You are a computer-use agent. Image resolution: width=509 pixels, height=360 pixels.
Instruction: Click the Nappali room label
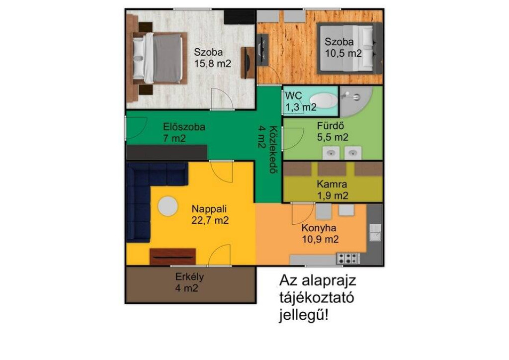pos(209,209)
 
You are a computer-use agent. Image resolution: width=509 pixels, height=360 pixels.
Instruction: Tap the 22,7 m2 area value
pos(210,220)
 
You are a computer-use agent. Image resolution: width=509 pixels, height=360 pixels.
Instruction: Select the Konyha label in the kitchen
pos(319,228)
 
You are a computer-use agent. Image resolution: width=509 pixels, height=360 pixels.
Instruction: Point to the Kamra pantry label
pos(332,184)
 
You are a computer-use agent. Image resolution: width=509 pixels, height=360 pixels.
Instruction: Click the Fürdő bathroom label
pos(331,126)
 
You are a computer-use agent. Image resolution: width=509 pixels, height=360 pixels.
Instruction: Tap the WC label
pos(293,96)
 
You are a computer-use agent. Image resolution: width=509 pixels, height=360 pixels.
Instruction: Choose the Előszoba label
pos(184,127)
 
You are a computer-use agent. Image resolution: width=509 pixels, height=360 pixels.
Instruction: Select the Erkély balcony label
pos(189,277)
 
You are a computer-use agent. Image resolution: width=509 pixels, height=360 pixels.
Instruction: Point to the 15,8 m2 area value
pos(213,63)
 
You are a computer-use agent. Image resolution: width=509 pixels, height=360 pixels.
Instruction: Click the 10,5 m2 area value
pos(343,53)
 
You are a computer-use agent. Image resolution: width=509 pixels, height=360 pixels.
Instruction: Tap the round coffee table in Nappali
pos(168,206)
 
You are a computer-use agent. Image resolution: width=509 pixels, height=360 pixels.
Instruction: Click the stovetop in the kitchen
pos(348,259)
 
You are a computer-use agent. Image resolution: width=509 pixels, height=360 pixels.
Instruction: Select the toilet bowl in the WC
pos(324,100)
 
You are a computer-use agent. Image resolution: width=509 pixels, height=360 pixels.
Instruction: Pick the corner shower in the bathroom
pos(355,101)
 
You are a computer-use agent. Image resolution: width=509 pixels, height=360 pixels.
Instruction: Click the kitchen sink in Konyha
pos(376,232)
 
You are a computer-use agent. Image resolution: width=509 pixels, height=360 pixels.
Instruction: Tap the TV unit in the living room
pos(172,257)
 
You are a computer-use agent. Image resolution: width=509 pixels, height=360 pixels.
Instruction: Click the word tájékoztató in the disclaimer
pos(317,298)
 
